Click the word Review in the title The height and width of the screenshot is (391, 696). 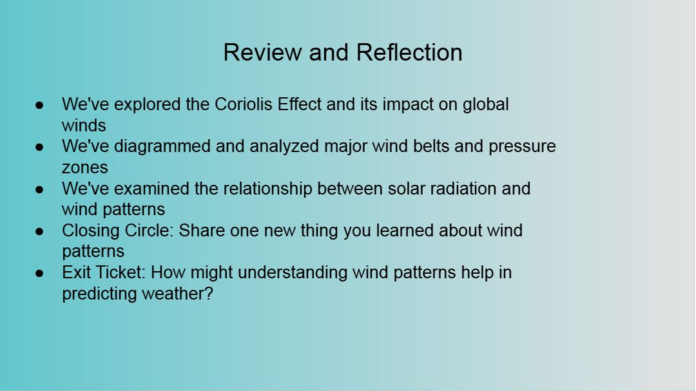(262, 52)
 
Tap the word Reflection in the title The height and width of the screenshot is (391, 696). (409, 52)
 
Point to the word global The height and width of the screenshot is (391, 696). (486, 105)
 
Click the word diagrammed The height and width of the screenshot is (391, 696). (162, 147)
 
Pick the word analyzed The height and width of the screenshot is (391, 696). (284, 147)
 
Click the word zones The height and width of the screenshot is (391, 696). (85, 167)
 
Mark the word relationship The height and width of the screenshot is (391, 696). (267, 189)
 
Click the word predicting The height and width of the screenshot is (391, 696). (99, 294)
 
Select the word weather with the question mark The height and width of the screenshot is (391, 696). (178, 294)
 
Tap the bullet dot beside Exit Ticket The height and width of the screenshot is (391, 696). (39, 273)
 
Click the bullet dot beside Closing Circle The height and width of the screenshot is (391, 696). (39, 231)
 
